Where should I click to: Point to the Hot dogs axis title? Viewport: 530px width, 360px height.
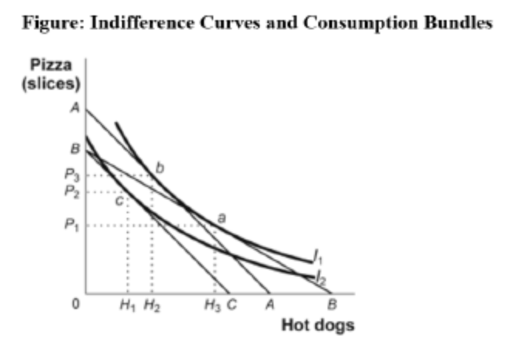coord(318,324)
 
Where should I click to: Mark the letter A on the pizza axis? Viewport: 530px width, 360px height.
coord(75,109)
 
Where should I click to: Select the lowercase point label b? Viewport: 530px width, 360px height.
coord(160,166)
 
